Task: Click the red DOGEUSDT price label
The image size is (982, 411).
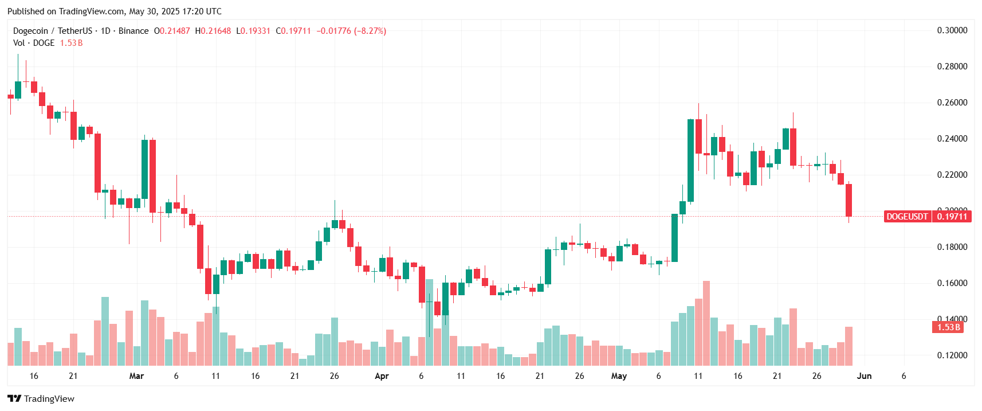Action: pos(907,217)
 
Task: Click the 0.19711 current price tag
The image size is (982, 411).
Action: pos(952,217)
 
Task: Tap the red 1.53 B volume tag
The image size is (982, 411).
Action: pos(948,327)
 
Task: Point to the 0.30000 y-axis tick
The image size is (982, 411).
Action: pos(952,30)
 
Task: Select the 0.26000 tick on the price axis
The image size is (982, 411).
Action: pos(952,103)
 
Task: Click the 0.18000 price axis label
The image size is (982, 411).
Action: pos(952,247)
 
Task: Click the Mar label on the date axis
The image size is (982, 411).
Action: pos(136,376)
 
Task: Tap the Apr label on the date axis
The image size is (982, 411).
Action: pos(382,376)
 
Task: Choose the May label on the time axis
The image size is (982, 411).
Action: pos(619,376)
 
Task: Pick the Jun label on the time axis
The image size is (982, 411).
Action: pos(864,376)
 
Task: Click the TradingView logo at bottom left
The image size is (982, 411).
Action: pos(41,398)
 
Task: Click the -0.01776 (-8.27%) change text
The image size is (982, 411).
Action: pos(351,31)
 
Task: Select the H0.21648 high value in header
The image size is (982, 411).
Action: pos(213,31)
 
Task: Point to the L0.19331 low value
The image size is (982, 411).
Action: pos(253,31)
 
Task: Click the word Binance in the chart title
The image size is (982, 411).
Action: pos(133,31)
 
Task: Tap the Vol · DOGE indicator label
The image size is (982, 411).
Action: pos(34,43)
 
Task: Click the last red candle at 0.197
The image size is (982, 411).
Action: pos(849,200)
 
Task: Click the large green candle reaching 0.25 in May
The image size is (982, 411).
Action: pos(690,161)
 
